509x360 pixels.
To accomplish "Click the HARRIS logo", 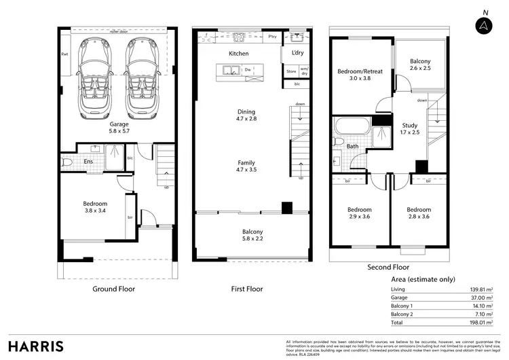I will coord(36,346).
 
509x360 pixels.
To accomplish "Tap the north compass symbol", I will coord(484,25).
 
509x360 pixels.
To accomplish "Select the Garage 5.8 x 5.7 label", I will coord(119,128).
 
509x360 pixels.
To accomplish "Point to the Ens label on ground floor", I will coord(88,162).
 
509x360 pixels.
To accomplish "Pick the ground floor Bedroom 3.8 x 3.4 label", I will coord(94,207).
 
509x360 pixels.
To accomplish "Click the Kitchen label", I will coord(238,53).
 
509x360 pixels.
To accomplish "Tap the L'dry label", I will coord(297,53).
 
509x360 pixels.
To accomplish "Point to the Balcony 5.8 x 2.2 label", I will coord(252,236).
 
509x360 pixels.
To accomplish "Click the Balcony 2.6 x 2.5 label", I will coord(419,65).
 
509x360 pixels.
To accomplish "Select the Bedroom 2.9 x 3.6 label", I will coord(359,213).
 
